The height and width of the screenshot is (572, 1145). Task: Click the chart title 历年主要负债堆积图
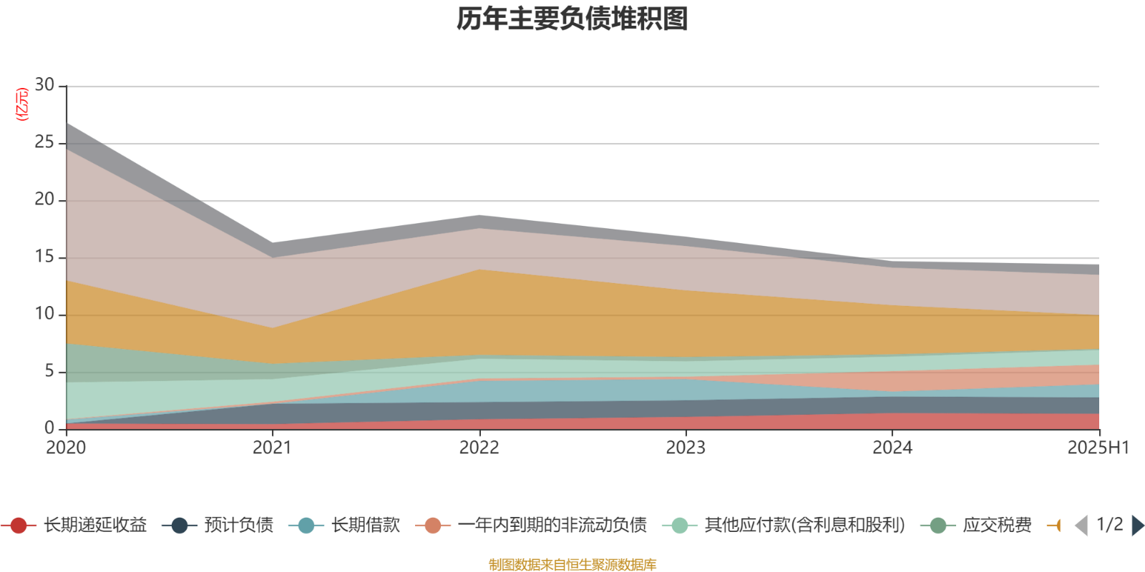click(x=572, y=19)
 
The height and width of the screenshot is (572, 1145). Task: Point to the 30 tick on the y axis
click(x=44, y=85)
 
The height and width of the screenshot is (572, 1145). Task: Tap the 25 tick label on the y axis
click(x=44, y=142)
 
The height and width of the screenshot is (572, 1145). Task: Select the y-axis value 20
click(x=44, y=199)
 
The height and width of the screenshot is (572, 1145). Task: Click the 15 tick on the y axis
click(x=44, y=257)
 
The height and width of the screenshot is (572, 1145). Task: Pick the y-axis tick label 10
click(x=44, y=314)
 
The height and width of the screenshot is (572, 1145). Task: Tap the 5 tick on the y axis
click(x=49, y=371)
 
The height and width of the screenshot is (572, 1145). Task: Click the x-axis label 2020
click(x=66, y=448)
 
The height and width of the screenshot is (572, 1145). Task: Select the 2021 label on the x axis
click(x=272, y=448)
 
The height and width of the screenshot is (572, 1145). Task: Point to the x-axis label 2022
click(x=479, y=448)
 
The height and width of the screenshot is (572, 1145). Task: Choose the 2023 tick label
click(x=686, y=448)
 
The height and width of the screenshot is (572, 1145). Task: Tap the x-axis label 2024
click(x=892, y=448)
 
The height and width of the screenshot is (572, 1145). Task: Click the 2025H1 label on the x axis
click(x=1097, y=448)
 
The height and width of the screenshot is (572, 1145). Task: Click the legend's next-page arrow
click(x=1137, y=526)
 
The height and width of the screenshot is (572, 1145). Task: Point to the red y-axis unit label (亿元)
click(x=23, y=104)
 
